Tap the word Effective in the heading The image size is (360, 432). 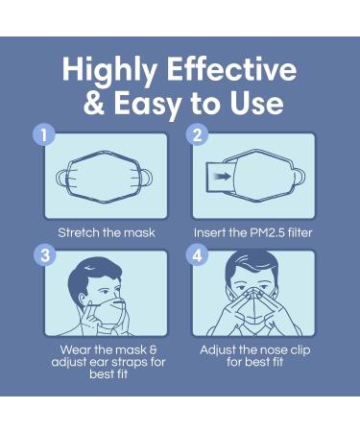point(231,69)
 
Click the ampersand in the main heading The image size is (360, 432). point(94,103)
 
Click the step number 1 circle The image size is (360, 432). point(43,134)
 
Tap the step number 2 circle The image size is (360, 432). point(198,134)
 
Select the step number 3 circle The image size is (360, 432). point(45,255)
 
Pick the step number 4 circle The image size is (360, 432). point(198,255)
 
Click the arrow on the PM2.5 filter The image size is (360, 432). point(222,176)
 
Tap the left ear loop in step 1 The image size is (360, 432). point(61,178)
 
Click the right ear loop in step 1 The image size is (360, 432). point(147,178)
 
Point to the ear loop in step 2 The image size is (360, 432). point(300,177)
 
